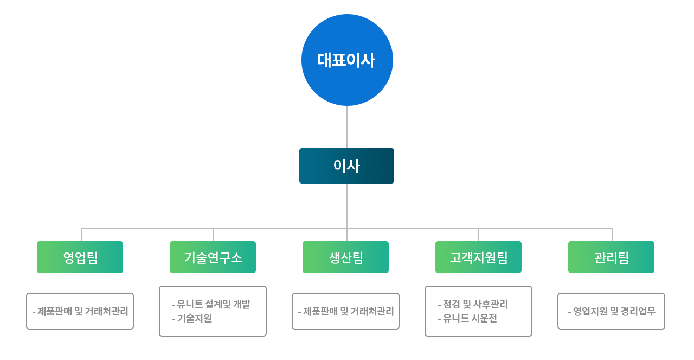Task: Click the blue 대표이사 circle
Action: [347, 60]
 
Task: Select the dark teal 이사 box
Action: [346, 166]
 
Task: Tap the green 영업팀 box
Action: [80, 257]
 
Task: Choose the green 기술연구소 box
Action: [213, 257]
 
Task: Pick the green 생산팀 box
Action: [345, 257]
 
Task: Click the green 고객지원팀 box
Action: [478, 257]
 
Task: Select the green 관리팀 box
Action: [611, 257]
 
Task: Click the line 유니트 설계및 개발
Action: [213, 304]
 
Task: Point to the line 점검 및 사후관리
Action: [475, 304]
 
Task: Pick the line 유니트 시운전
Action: [470, 318]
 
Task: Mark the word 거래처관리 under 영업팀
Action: [107, 311]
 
